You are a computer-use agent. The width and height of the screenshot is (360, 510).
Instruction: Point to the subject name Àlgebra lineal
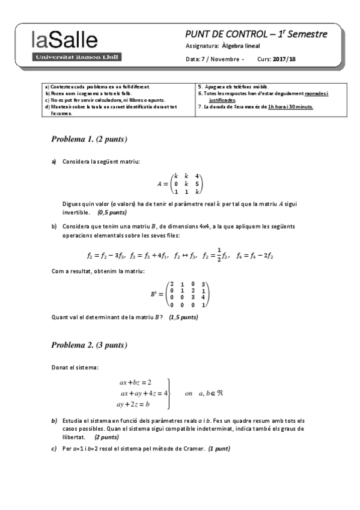point(240,46)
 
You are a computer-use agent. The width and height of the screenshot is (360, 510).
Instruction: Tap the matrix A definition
point(180,182)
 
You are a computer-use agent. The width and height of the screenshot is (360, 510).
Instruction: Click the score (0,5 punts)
point(112,212)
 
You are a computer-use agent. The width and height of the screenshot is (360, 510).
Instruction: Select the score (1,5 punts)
point(183,317)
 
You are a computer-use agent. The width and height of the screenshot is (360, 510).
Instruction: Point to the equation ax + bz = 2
point(135,382)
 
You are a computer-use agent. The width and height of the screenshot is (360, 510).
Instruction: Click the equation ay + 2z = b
point(133,404)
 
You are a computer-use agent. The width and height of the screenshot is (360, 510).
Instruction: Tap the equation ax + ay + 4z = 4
point(144,393)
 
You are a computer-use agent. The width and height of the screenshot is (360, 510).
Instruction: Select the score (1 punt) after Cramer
point(219,449)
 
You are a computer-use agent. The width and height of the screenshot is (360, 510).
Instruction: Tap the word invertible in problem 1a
point(78,212)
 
